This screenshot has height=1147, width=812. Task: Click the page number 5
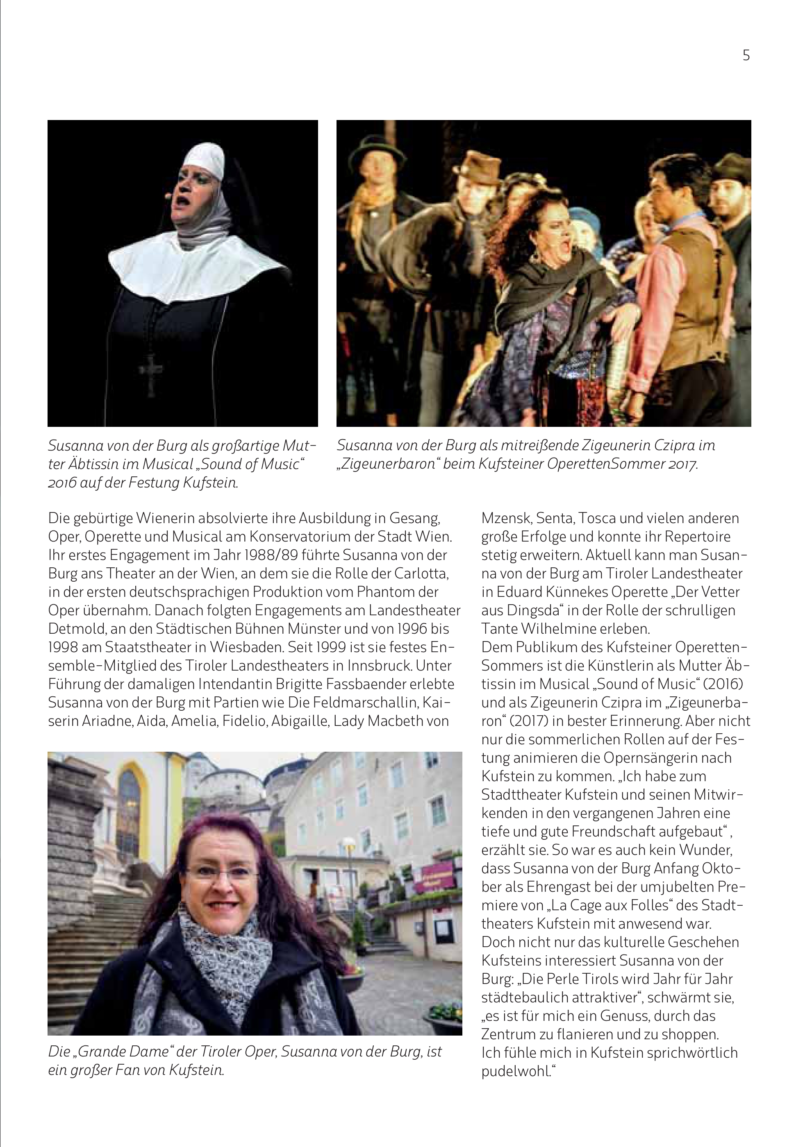pyautogui.click(x=746, y=55)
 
